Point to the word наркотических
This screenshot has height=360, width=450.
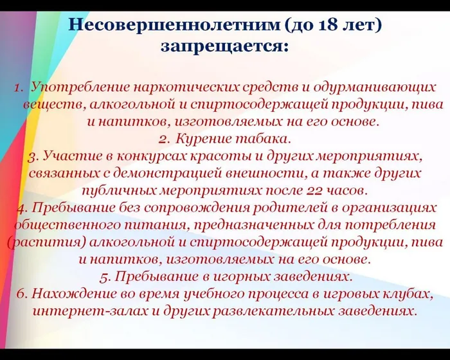[x=183, y=86]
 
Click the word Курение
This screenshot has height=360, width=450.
[x=203, y=138]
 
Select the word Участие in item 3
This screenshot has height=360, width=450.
[x=71, y=156]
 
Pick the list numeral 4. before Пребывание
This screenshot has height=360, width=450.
[x=22, y=208]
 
